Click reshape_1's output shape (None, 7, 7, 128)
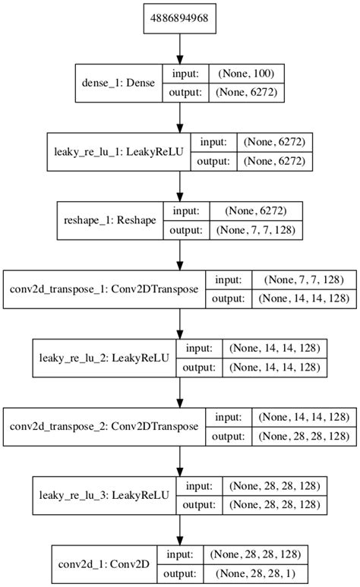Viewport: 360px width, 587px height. coord(257,229)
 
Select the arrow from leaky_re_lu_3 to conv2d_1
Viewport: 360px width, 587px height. coord(180,528)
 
